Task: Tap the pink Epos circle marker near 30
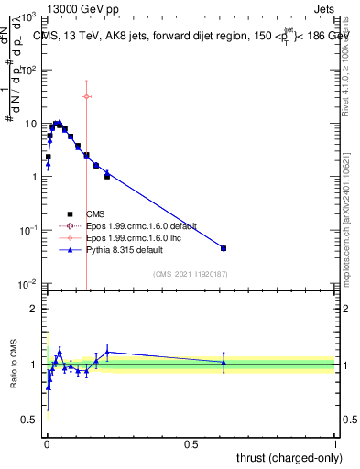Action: click(86, 96)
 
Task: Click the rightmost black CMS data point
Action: click(224, 248)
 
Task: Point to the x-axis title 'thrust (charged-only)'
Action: click(285, 456)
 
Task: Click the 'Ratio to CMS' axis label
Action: click(14, 364)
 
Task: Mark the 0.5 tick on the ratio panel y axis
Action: click(31, 420)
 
